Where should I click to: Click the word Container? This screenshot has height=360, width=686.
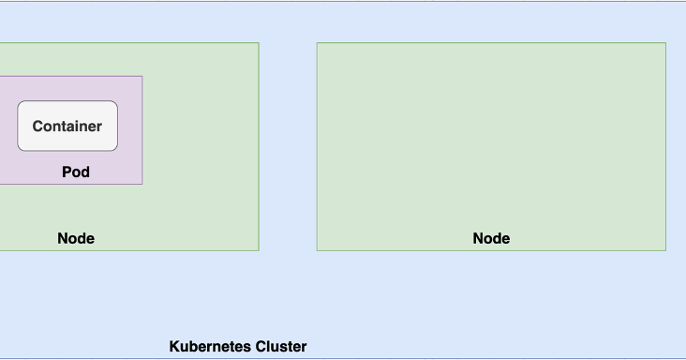pos(67,127)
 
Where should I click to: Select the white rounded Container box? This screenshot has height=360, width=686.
pos(67,141)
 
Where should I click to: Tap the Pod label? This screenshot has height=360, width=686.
pos(76,172)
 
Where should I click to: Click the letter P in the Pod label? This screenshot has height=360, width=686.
pos(67,172)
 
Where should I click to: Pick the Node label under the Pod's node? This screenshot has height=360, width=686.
pos(76,238)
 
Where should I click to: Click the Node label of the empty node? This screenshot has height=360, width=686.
pos(491,238)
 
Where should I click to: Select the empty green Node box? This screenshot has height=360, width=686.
pos(491,141)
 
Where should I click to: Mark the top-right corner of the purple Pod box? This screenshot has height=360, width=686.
pos(142,76)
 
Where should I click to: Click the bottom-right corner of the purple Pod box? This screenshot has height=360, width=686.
pos(142,184)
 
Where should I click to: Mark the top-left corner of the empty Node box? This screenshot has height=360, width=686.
pos(317,42)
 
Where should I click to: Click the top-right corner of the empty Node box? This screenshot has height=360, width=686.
pos(666,42)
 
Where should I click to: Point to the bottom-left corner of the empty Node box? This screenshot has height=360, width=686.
pos(317,250)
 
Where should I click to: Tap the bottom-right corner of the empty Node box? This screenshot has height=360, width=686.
pos(666,250)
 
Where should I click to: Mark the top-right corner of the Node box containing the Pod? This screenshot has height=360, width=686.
pos(259,42)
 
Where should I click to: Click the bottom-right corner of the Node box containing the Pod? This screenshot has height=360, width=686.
pos(259,250)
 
